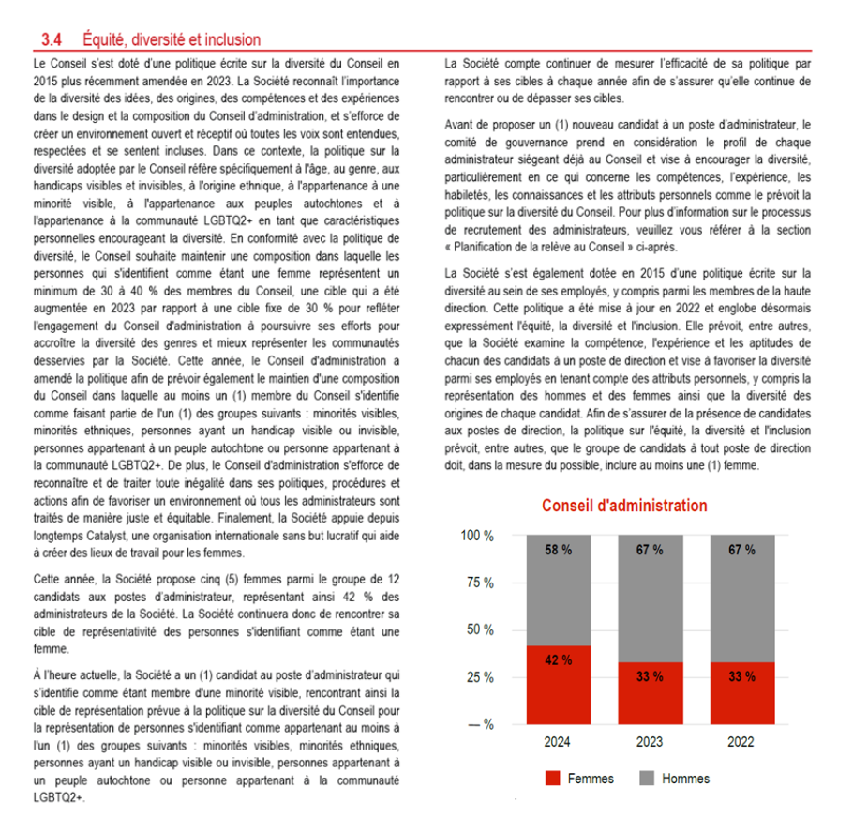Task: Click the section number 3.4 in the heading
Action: coord(52,39)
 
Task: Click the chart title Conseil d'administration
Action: coord(624,506)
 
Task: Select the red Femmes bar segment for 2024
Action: coord(559,685)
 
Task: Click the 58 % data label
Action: coord(559,550)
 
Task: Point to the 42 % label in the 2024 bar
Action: coord(559,659)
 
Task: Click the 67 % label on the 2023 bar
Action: coord(650,550)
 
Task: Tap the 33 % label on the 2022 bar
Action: coord(741,675)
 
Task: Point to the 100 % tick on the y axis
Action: coord(476,536)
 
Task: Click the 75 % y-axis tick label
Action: coord(480,583)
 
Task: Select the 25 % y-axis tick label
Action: coord(480,677)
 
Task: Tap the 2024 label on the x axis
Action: coord(559,742)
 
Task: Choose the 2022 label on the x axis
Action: coord(741,742)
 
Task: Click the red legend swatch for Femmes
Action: coord(552,779)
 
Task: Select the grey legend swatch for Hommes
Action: coord(646,779)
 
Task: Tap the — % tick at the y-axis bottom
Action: coord(480,724)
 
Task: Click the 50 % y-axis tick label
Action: coord(480,629)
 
